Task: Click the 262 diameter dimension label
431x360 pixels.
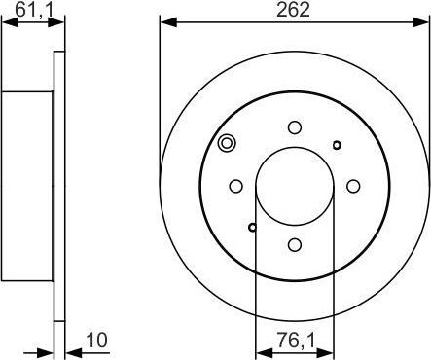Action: coord(294,10)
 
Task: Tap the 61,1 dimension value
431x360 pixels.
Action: coord(31,10)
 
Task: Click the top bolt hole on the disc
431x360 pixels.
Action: coord(295,126)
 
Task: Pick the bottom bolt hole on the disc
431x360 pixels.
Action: coord(295,246)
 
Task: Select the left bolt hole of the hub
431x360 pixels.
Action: coord(235,186)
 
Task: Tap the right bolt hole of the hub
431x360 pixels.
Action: coord(354,186)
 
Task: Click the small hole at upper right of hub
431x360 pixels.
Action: coord(337,145)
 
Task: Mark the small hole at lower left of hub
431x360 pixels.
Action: coord(253,228)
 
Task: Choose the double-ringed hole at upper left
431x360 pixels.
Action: coord(227,144)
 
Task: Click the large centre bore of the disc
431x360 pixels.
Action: coord(295,186)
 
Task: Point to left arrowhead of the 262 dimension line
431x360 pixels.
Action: coord(164,20)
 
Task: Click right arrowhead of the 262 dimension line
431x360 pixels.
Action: coord(424,20)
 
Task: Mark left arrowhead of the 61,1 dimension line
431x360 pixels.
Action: coord(8,20)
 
